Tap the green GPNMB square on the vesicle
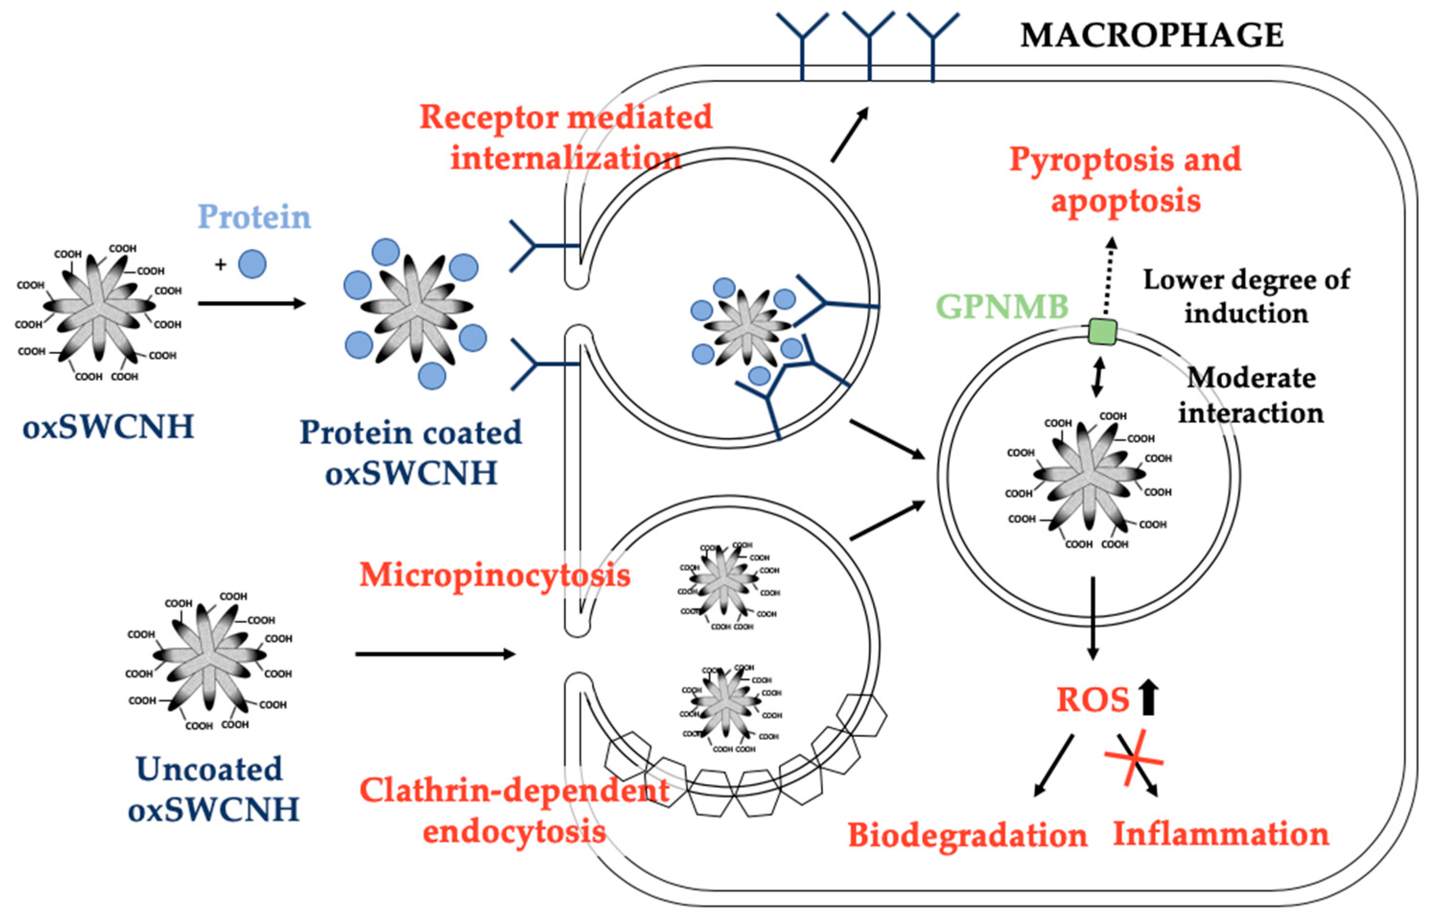point(1102,332)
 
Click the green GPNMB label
point(1002,306)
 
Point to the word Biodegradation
point(967,835)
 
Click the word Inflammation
point(1220,834)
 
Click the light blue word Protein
point(254,216)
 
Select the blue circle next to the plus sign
point(252,264)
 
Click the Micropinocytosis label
point(494,575)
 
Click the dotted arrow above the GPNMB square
point(1108,276)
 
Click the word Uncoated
point(209,769)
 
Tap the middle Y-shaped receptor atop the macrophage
point(868,45)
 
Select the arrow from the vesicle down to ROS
point(1093,618)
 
